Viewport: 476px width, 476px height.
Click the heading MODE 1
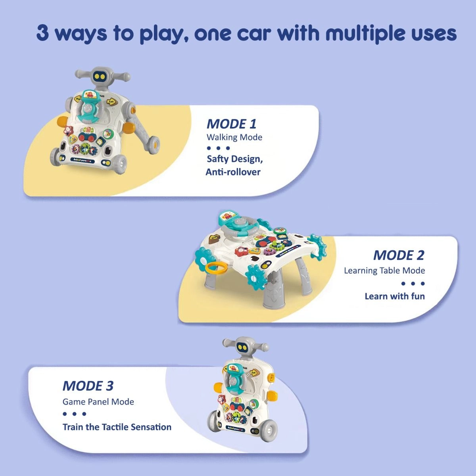point(231,124)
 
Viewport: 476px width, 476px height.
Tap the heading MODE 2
point(398,255)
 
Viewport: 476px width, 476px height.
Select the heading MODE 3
point(88,386)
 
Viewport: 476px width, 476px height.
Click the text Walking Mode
point(234,137)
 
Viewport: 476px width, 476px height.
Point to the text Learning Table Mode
point(384,271)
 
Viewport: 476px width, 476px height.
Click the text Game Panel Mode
point(98,401)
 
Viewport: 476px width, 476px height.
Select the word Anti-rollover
point(233,172)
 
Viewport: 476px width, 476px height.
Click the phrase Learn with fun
point(394,296)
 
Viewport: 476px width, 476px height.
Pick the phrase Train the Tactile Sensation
point(117,427)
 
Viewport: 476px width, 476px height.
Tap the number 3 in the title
point(43,33)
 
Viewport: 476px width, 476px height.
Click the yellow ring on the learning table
point(216,267)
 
